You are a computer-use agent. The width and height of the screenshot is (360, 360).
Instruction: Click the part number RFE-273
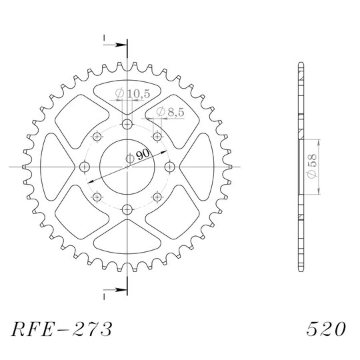62,329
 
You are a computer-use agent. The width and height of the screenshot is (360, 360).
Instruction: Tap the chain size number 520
326,329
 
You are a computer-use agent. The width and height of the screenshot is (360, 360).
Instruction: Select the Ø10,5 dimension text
133,94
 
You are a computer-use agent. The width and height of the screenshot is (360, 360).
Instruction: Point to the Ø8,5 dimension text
170,112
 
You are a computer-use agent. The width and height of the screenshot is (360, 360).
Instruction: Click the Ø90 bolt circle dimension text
138,157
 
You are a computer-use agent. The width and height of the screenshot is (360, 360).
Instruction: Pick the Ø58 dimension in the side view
312,166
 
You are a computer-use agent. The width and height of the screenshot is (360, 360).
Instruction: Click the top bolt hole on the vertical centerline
127,125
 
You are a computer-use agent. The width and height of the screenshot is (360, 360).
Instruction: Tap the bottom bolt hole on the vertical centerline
127,209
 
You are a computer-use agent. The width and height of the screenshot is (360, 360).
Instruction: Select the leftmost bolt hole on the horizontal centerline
85,167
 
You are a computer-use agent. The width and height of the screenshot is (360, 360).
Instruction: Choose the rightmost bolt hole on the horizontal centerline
170,167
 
